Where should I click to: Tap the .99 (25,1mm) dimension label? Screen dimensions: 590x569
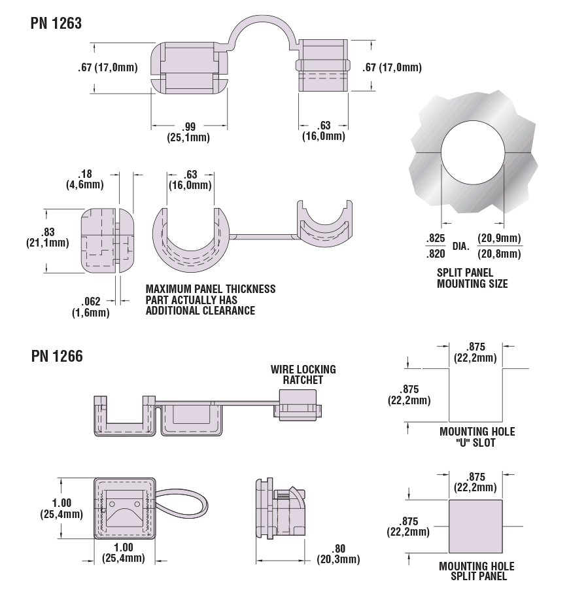tap(189, 131)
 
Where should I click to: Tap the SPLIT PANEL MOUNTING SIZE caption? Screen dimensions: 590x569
tap(472, 278)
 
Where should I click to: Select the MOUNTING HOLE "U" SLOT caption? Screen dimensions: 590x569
tap(477, 437)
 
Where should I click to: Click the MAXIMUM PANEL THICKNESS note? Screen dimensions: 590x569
tap(210, 300)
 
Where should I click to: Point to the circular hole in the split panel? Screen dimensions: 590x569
tap(474, 152)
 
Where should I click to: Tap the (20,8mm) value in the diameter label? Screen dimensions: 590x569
tap(499, 254)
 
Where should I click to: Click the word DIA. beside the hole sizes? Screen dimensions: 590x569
tap(461, 247)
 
